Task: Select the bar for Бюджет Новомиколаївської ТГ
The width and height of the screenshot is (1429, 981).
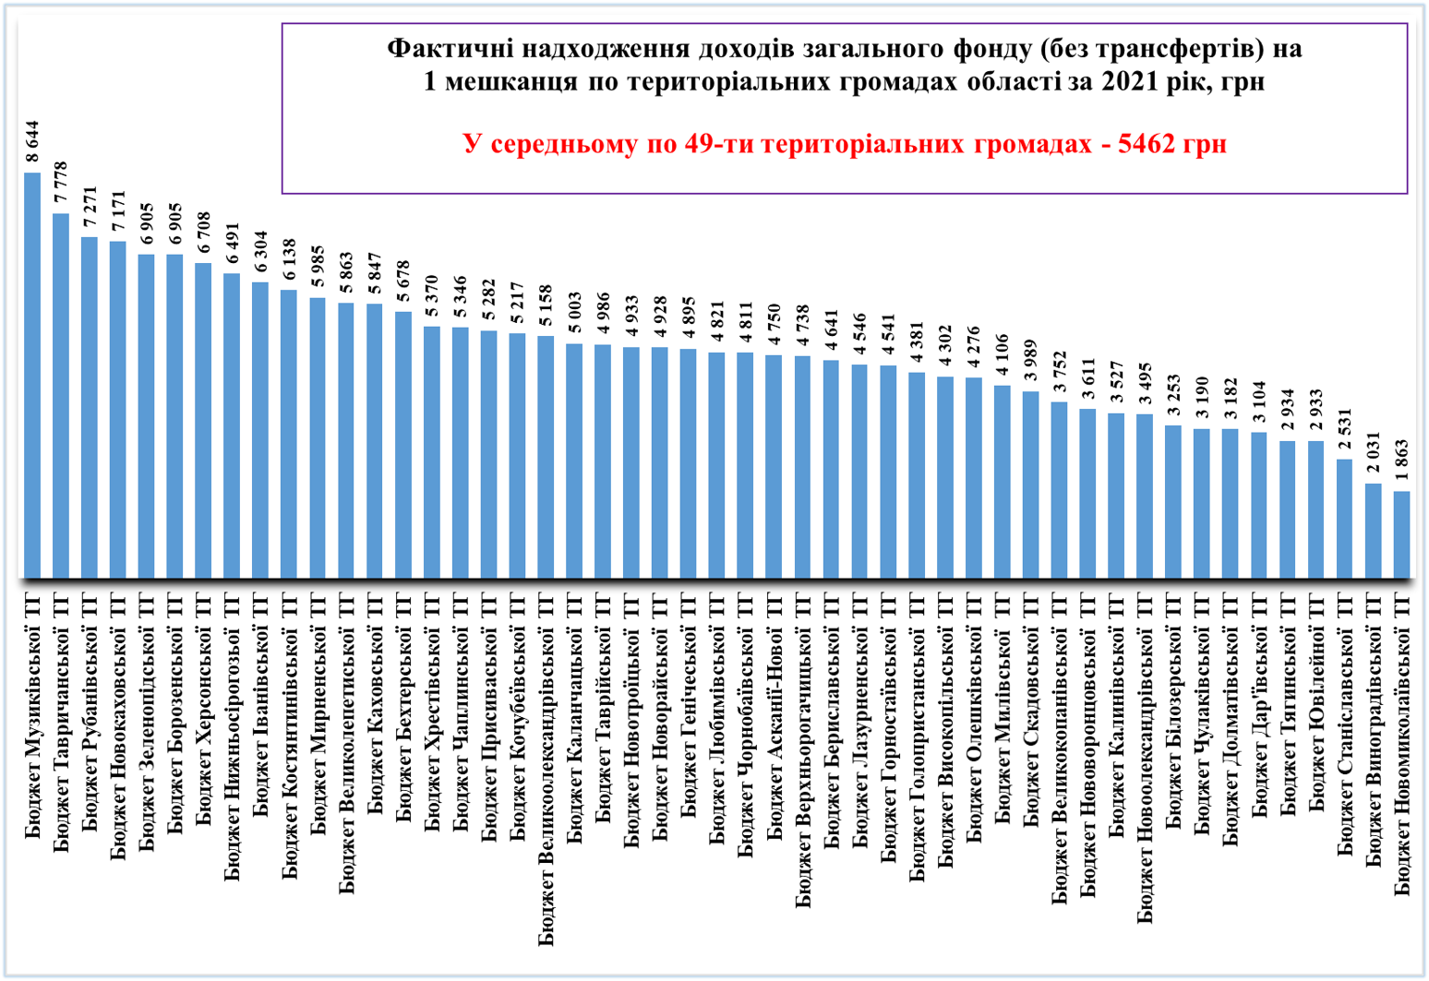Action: click(x=1401, y=534)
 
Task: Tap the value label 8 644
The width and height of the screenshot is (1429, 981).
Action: click(x=32, y=143)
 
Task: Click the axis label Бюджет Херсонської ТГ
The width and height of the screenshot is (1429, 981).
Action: click(x=204, y=710)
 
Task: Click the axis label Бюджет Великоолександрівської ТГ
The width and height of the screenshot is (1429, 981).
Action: click(x=546, y=770)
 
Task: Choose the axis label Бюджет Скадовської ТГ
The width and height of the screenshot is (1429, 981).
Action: click(x=1031, y=710)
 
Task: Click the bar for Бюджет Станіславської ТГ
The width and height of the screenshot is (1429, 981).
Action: click(x=1344, y=518)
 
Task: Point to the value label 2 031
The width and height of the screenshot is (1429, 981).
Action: click(x=1374, y=455)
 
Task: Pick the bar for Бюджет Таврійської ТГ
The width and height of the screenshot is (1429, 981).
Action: click(x=603, y=461)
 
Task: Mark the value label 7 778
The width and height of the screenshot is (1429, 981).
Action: click(x=61, y=184)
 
